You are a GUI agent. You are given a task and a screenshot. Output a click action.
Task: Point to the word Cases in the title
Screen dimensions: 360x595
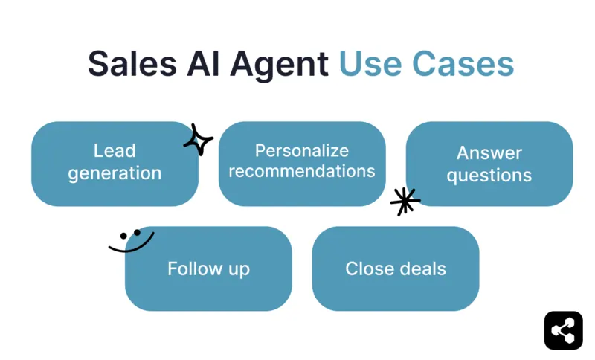(x=463, y=64)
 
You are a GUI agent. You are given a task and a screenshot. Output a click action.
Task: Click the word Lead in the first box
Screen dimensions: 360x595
(x=115, y=151)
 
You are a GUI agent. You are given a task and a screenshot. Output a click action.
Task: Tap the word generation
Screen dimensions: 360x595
(x=115, y=174)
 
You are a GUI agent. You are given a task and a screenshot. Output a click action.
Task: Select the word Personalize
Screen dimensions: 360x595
(x=302, y=151)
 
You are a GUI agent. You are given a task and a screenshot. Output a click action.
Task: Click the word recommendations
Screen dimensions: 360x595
(x=302, y=171)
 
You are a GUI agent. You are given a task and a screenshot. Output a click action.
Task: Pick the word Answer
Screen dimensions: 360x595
(x=489, y=153)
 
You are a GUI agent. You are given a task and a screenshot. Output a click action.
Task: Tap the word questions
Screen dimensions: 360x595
(x=489, y=176)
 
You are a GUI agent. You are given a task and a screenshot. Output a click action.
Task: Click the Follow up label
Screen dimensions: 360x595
(x=208, y=269)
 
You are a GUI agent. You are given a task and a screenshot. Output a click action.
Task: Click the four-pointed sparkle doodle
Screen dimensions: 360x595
(x=198, y=140)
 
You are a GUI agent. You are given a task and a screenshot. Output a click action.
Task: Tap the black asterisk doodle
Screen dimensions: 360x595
(x=405, y=202)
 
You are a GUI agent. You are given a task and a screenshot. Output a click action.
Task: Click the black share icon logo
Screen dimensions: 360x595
(x=563, y=330)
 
